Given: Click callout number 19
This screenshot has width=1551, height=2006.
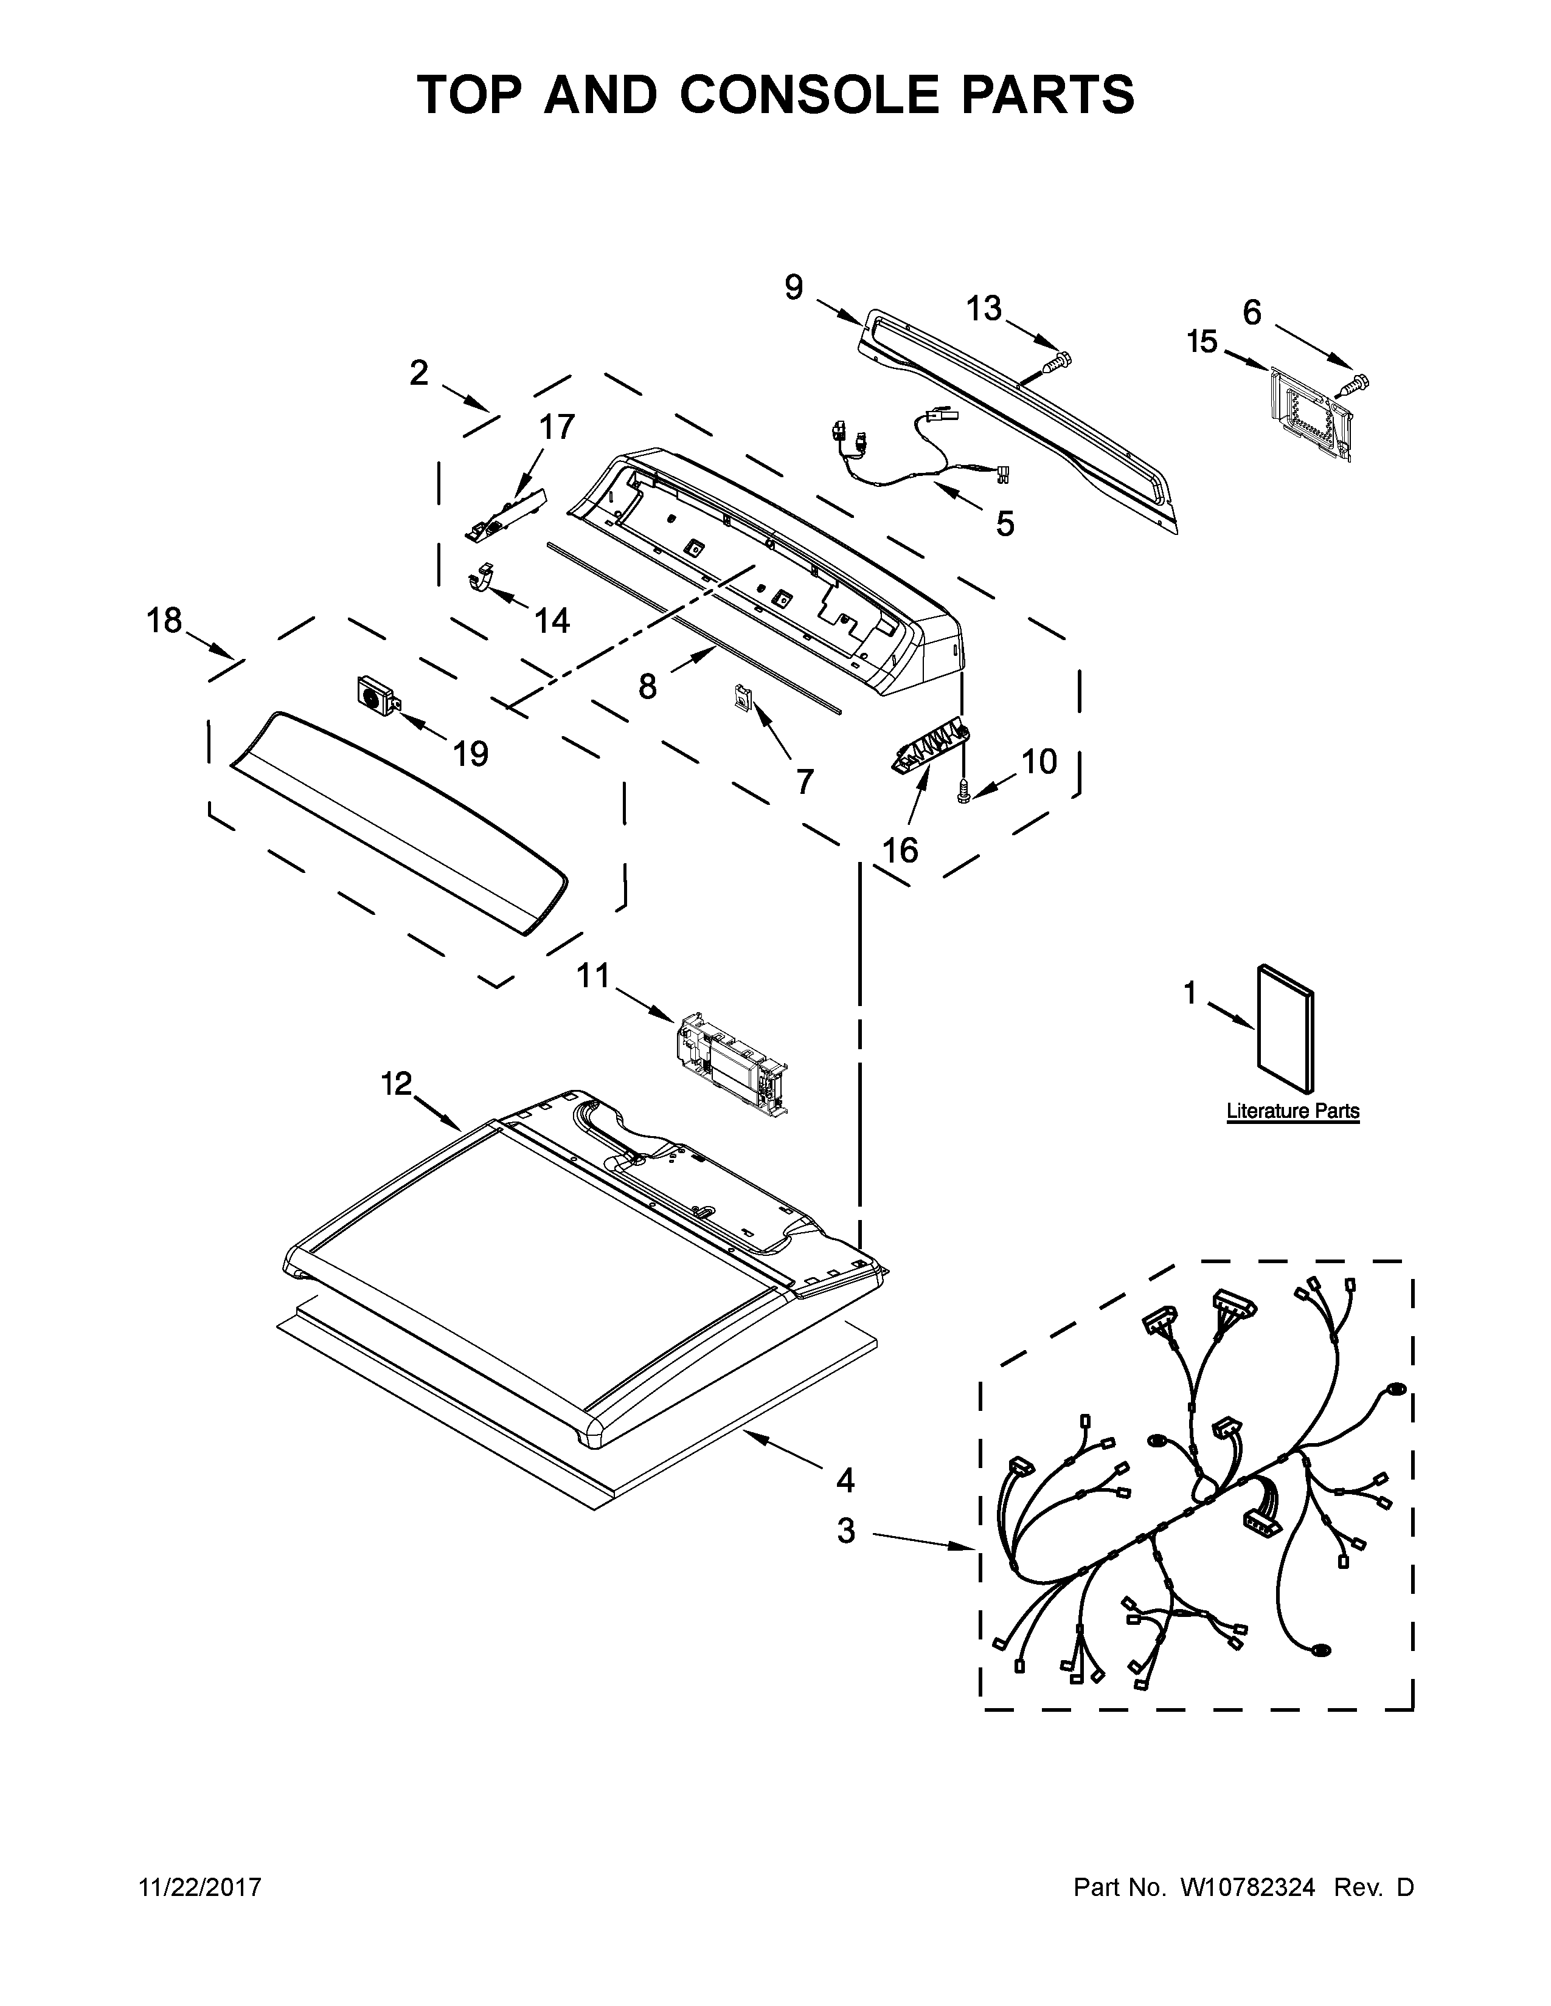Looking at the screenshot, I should (470, 754).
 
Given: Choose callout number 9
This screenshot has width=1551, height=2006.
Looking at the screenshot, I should (794, 288).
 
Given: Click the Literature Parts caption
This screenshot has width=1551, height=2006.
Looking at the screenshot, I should (1293, 1111).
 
